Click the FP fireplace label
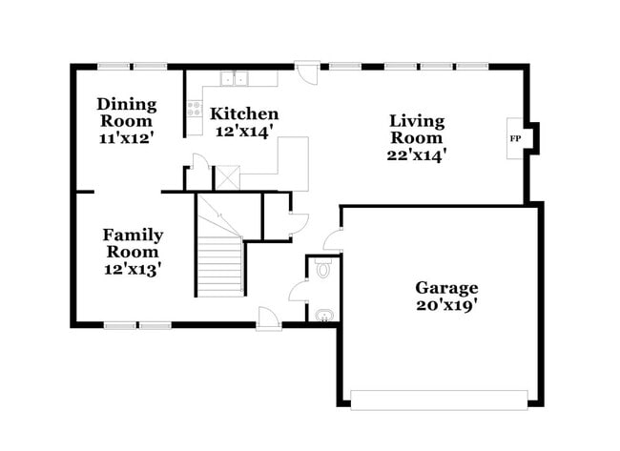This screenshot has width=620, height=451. pos(515,139)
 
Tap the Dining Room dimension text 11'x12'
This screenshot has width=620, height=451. pos(125,137)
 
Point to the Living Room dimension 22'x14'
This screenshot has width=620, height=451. pos(417,152)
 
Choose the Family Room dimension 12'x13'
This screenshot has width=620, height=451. pos(133,269)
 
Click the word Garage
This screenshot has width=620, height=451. pos(445,287)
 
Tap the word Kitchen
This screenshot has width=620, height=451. pos(244,113)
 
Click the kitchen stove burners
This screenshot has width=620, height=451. pos(195,107)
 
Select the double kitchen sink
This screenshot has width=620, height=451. pos(235,79)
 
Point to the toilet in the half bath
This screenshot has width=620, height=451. pos(323,270)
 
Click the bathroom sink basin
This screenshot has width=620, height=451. pos(324,315)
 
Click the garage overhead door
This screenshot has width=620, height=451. pos(439,399)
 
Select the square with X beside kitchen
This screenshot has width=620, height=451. pos(227,177)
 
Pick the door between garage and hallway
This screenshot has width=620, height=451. pos(332,240)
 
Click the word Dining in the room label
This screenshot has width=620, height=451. pos(125,104)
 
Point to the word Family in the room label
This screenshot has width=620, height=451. pos(133,235)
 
